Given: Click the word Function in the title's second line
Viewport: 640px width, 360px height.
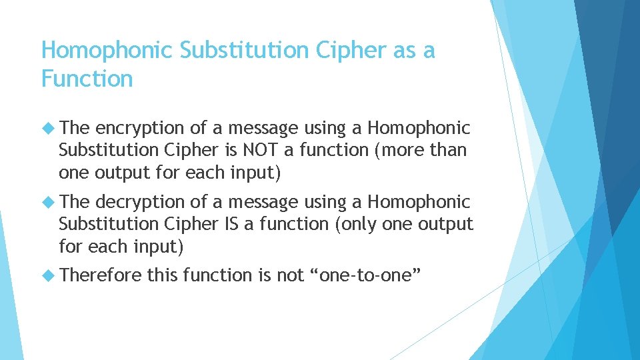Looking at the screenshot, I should (x=87, y=79).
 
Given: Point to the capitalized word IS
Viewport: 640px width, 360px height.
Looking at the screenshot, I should (x=230, y=224).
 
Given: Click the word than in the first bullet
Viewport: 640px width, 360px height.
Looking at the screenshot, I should (x=449, y=150).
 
